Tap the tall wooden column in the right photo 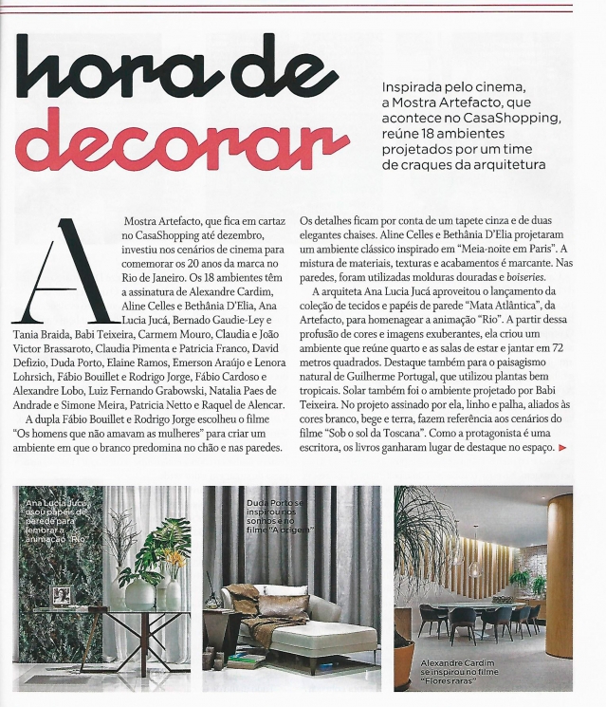(559, 569)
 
